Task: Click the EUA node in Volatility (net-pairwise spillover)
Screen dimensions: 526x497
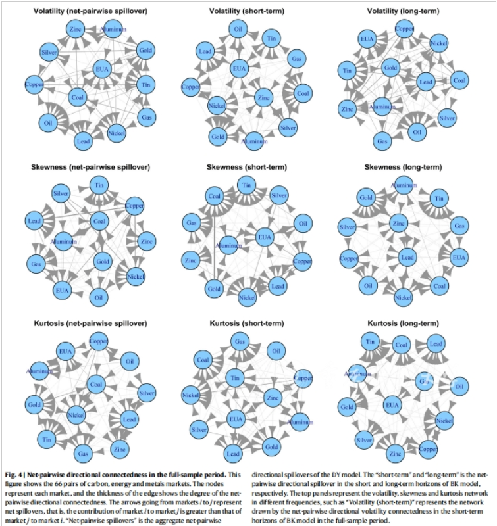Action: tap(102, 68)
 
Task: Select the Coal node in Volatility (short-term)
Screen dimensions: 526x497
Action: tap(303, 93)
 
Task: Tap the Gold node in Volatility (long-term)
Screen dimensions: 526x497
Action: tap(390, 68)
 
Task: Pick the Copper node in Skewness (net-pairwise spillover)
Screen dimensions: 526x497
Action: tap(134, 204)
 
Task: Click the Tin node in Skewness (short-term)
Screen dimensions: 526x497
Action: tap(246, 187)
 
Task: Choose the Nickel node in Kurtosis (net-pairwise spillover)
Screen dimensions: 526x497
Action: tap(76, 415)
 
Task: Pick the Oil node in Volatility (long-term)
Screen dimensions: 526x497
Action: tap(416, 131)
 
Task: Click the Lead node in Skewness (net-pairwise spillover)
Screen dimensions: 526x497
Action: tap(36, 222)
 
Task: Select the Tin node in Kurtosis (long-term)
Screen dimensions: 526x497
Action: tap(371, 342)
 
